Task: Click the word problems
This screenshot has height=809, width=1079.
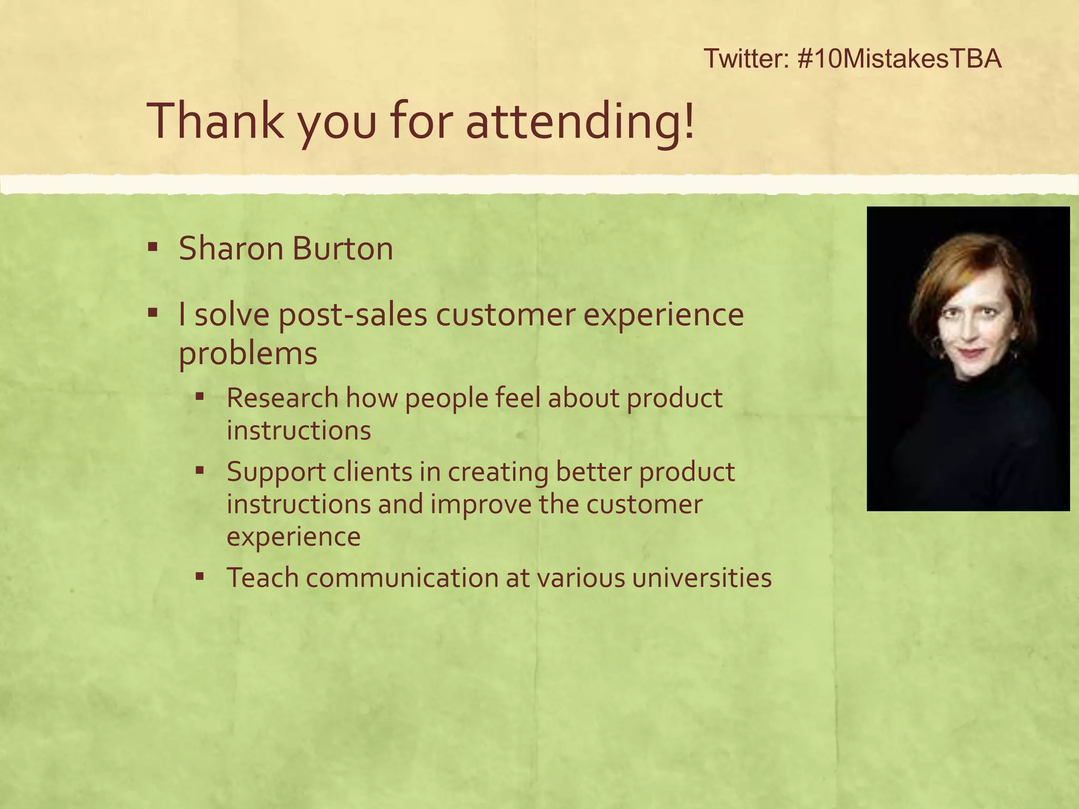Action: (x=248, y=353)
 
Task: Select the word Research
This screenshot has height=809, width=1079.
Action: (x=282, y=398)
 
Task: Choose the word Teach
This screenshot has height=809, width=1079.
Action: (x=262, y=577)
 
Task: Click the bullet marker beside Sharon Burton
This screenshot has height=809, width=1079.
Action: (x=153, y=246)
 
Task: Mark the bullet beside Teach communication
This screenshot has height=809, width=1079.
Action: (x=200, y=576)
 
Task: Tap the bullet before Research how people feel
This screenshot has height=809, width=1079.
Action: (x=200, y=396)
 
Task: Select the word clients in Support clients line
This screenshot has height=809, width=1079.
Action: (x=372, y=471)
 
